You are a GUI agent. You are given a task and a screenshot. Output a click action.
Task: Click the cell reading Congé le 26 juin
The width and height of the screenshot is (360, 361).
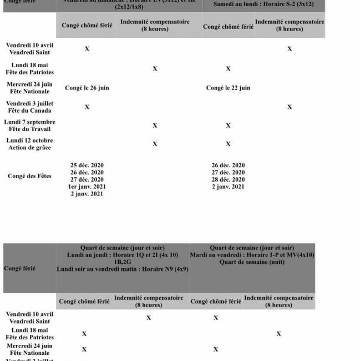click(87, 88)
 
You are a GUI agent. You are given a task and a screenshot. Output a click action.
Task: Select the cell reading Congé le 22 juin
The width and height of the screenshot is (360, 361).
click(228, 88)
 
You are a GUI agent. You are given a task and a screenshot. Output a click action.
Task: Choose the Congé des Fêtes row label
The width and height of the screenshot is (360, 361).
click(29, 176)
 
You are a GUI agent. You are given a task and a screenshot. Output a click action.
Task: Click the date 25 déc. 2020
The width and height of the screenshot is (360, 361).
click(87, 166)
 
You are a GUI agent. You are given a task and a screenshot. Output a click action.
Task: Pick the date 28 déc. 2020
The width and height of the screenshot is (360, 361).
click(228, 179)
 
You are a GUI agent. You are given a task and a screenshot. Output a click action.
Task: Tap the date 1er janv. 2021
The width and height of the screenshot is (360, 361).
click(87, 187)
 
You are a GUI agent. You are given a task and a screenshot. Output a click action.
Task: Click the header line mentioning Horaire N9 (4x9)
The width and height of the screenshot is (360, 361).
click(123, 268)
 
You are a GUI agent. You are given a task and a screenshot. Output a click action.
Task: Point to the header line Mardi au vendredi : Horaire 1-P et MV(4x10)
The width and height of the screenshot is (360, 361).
click(252, 255)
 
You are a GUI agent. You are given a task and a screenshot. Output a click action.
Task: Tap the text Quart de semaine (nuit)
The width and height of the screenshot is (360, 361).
click(252, 262)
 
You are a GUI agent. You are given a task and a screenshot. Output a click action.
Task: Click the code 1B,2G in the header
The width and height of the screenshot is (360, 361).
click(123, 262)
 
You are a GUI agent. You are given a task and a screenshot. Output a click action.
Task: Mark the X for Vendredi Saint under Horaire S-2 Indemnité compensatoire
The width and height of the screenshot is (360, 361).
click(290, 49)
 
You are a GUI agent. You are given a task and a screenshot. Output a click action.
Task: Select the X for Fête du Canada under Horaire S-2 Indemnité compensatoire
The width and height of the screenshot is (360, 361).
click(290, 107)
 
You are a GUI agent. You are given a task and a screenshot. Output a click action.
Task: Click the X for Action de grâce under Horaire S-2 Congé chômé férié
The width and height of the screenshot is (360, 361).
click(228, 144)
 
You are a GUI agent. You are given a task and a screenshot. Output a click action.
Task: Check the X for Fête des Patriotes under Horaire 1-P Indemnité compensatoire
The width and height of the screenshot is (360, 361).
click(278, 334)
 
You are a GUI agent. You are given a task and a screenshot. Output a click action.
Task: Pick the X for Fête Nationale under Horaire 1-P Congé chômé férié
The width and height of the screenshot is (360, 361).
click(216, 349)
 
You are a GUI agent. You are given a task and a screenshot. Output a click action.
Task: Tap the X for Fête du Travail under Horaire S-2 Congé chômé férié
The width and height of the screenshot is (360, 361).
click(228, 126)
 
